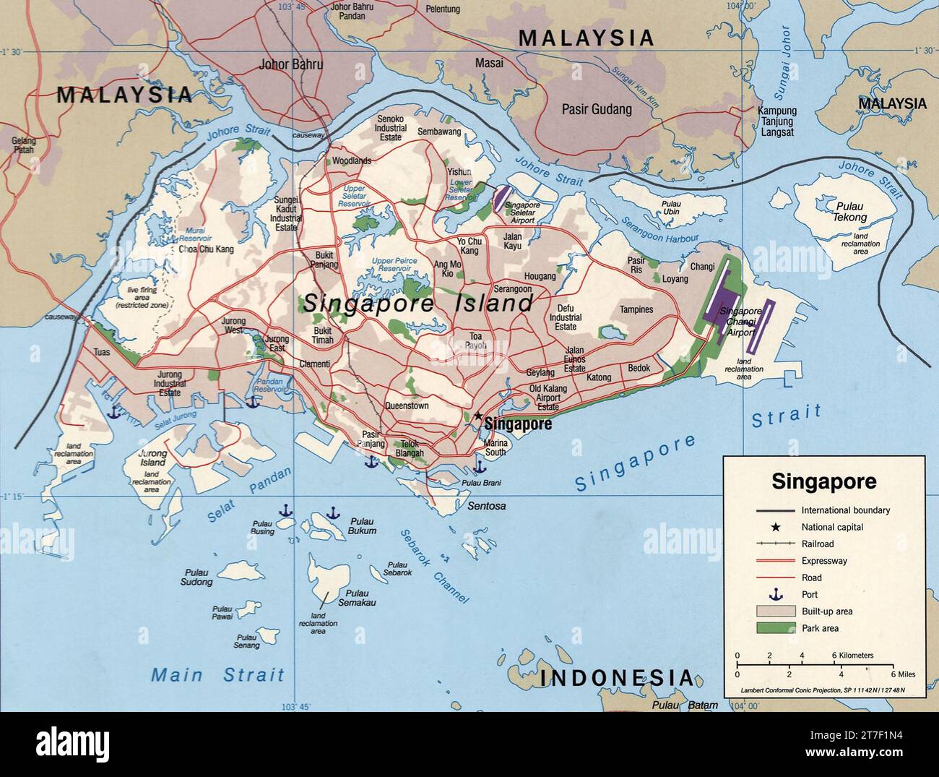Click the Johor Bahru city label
[291, 64]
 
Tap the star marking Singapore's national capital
[477, 416]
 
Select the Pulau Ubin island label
[671, 207]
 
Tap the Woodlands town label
[351, 160]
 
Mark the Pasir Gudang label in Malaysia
[597, 110]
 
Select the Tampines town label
[636, 309]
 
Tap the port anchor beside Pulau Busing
[285, 512]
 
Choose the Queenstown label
[407, 406]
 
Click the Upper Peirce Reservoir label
[391, 264]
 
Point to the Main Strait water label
[217, 675]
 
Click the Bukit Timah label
[323, 335]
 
